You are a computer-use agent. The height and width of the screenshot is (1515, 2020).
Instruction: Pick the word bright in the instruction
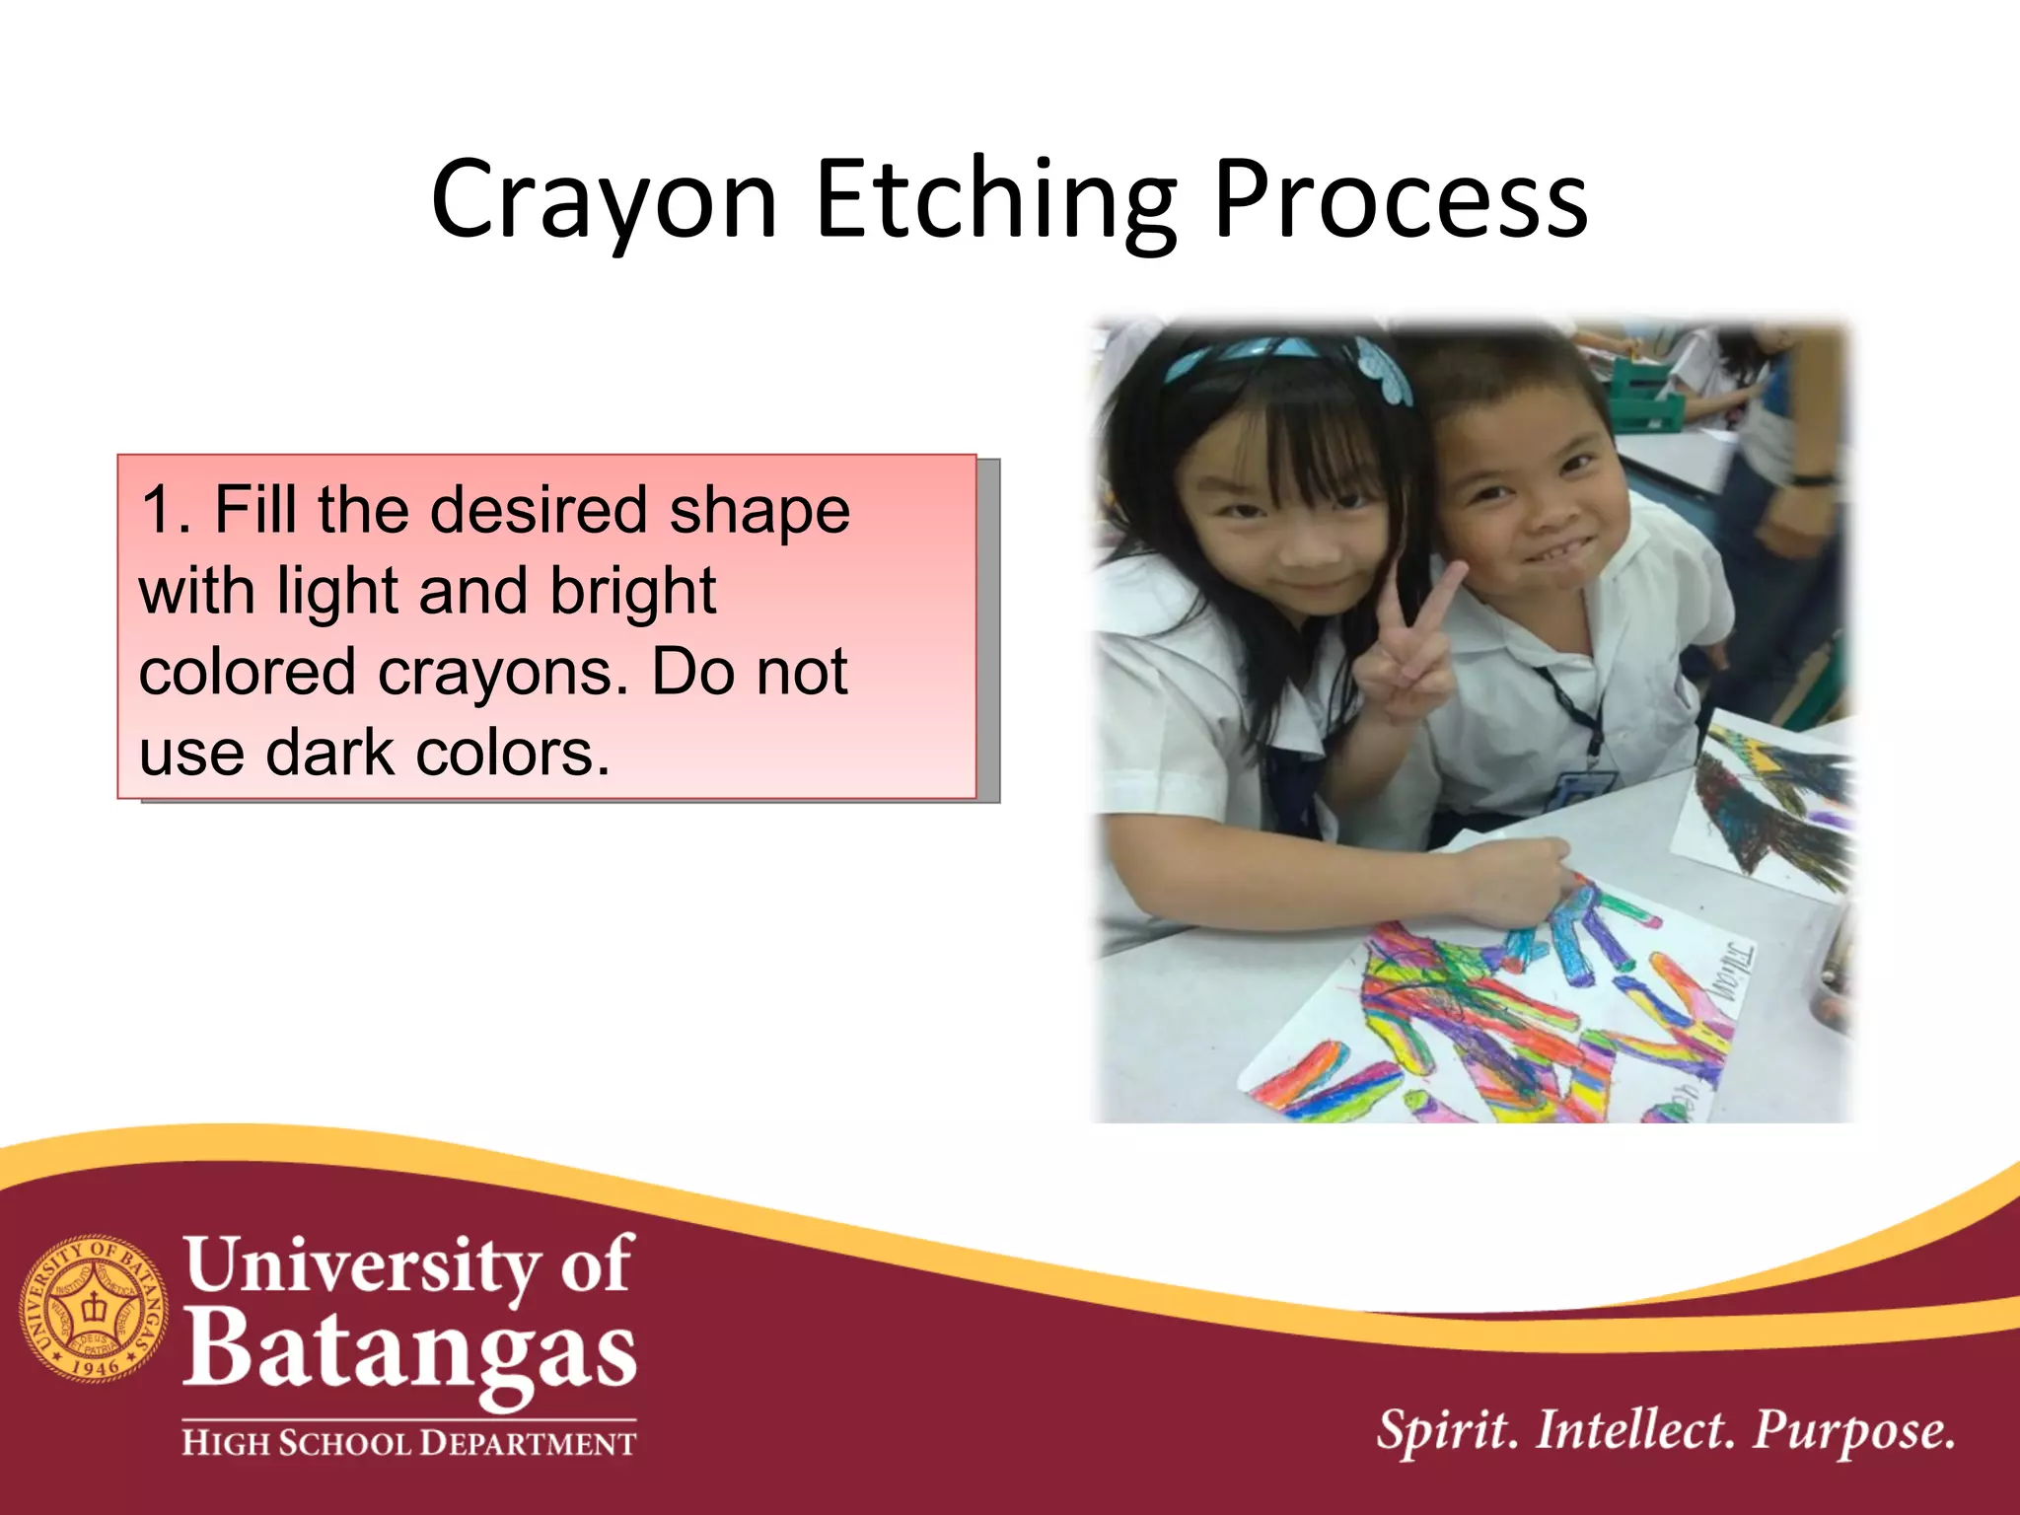coord(632,593)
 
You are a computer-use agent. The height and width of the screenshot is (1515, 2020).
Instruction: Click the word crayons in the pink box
coord(503,673)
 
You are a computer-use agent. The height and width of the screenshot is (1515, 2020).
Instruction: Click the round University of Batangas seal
coord(95,1309)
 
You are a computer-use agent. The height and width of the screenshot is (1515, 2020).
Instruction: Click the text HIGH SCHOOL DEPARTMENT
coord(409,1444)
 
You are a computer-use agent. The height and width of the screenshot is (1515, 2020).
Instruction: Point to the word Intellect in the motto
coord(1634,1431)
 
